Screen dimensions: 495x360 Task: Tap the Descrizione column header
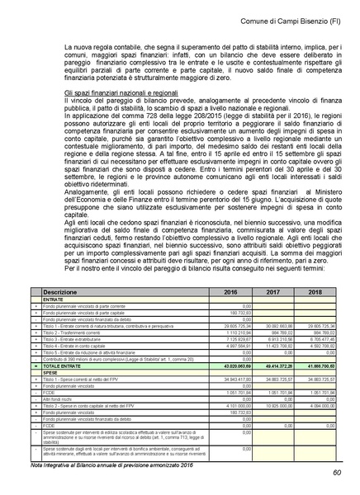coord(65,292)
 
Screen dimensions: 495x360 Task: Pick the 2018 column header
coord(316,292)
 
